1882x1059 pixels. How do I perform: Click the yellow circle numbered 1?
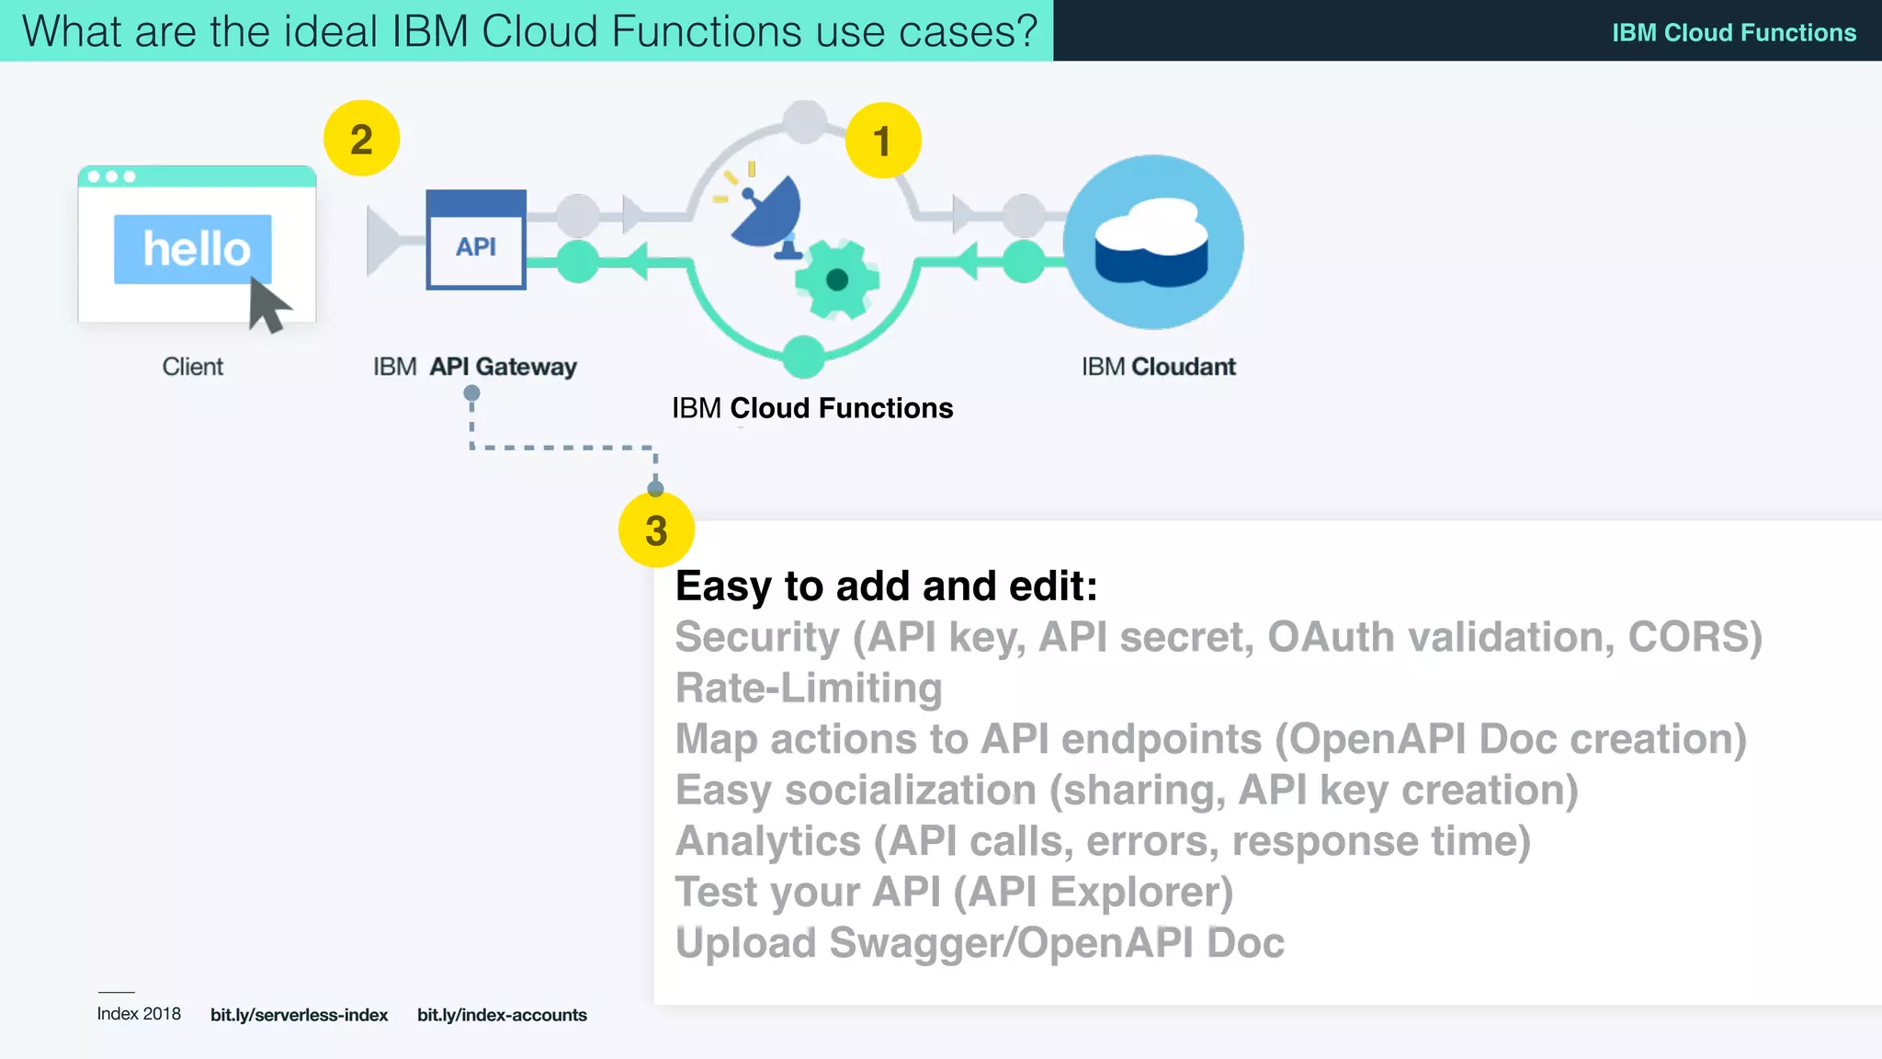(882, 141)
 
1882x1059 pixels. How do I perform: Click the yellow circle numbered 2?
(361, 139)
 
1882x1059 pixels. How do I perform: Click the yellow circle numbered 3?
(656, 530)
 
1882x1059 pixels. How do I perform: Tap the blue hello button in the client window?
(193, 248)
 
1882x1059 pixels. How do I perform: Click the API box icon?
(476, 241)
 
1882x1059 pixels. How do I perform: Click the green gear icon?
(836, 279)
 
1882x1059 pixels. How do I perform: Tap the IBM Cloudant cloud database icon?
(1152, 242)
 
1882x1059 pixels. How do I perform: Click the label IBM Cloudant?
(1158, 367)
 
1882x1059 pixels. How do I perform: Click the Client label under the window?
(192, 367)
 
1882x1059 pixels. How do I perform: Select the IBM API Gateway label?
(474, 367)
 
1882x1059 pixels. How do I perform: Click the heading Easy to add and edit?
(886, 586)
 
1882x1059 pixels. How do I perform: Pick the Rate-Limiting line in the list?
(809, 689)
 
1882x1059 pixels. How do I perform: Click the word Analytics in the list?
(768, 841)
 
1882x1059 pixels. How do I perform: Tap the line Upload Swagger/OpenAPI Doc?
(980, 943)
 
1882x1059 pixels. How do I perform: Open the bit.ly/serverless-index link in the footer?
(299, 1015)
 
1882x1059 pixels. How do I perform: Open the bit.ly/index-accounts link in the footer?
(502, 1015)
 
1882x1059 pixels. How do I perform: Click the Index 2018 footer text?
(139, 1014)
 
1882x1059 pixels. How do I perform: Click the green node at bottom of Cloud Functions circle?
(804, 357)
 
